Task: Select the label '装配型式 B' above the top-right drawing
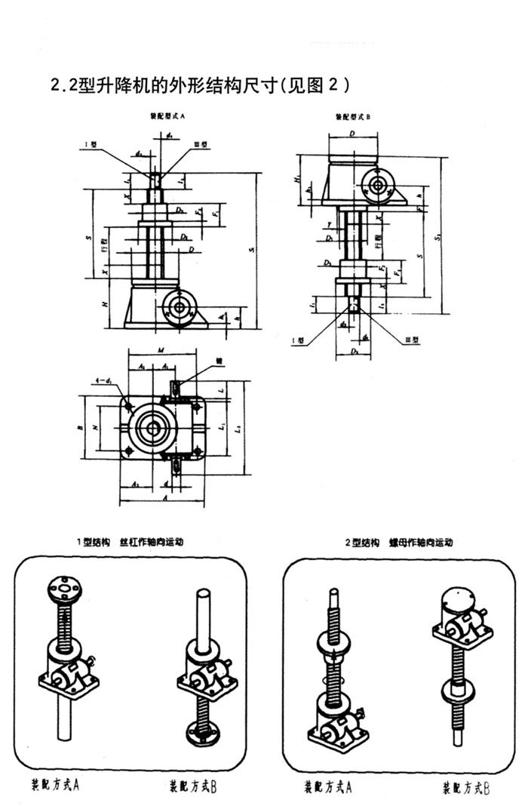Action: [x=354, y=118]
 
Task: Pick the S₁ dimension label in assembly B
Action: [x=441, y=235]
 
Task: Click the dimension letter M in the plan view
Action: [x=161, y=349]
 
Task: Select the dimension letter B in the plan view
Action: [x=79, y=428]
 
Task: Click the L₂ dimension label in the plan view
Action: [x=238, y=428]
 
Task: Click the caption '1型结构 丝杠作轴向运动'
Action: [x=129, y=541]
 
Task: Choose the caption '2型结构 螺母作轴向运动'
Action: [x=399, y=541]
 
